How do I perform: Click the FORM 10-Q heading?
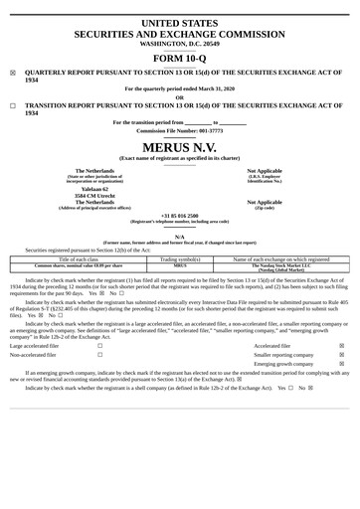coord(180,58)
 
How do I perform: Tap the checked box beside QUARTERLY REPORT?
coord(13,73)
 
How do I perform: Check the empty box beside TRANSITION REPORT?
coord(13,105)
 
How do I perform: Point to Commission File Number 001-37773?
coord(180,130)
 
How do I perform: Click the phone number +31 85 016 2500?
coord(180,215)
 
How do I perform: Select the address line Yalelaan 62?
coord(93,187)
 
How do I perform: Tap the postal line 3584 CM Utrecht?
coord(93,194)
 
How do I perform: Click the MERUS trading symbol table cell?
coord(180,265)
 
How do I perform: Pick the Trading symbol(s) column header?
coord(180,258)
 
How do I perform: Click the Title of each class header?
coord(79,258)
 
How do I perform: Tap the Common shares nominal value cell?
coord(79,265)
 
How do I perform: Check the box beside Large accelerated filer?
coord(99,345)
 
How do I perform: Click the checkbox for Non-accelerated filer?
coord(99,354)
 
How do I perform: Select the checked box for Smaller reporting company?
coord(342,354)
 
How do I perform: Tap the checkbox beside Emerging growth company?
coord(342,364)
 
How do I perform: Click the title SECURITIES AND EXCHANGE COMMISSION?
coord(180,34)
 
